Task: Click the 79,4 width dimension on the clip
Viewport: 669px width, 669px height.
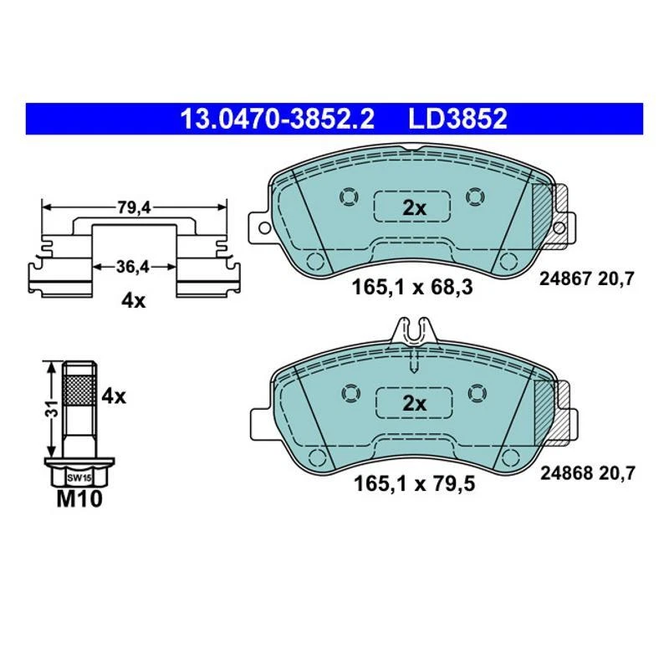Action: point(133,208)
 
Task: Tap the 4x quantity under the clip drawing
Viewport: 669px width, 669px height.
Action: point(133,300)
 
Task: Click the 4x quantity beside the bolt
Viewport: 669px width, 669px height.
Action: point(113,396)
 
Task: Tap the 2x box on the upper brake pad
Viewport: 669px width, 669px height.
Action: point(414,208)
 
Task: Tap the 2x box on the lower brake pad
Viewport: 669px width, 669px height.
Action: point(414,404)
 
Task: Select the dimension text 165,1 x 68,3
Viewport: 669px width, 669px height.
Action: point(414,288)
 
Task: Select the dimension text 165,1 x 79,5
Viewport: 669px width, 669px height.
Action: point(414,483)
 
